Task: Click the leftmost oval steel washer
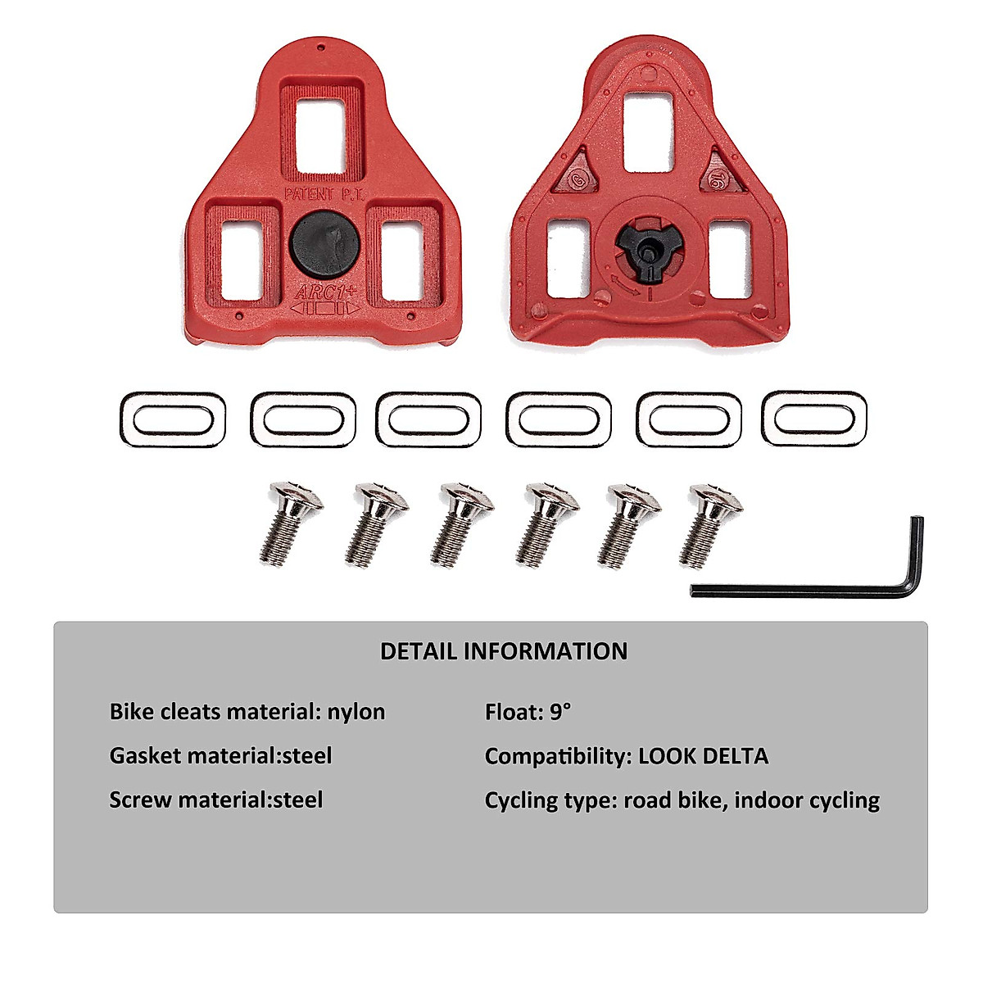[173, 419]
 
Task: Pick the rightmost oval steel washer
[814, 419]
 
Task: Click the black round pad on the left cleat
[324, 242]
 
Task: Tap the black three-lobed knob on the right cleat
[645, 245]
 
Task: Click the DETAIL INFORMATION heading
[504, 652]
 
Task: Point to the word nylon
[356, 712]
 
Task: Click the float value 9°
[560, 712]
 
